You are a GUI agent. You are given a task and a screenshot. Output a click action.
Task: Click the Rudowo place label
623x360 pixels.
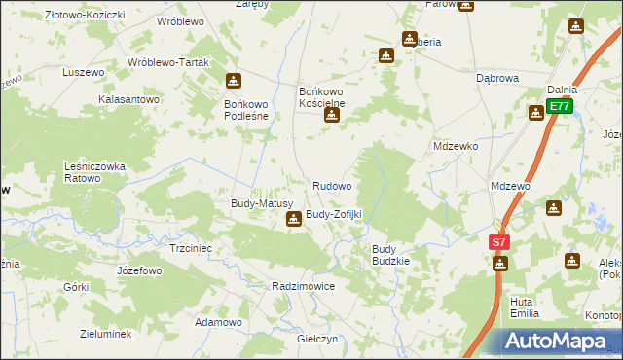[332, 185]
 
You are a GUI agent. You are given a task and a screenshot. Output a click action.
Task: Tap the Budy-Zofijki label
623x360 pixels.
[334, 214]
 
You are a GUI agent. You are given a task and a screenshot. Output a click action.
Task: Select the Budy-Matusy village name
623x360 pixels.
[255, 203]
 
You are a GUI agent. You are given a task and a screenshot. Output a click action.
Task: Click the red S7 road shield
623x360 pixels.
[498, 242]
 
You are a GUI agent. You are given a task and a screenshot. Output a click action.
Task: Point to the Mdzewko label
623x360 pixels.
[456, 146]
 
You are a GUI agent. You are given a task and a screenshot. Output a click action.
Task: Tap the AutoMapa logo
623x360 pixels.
[561, 342]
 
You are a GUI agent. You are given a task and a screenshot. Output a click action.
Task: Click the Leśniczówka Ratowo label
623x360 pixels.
[96, 172]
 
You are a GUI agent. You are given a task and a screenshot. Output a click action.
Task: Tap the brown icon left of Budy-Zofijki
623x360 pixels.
[293, 220]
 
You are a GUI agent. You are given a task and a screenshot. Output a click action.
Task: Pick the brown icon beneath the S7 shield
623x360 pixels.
[500, 264]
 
